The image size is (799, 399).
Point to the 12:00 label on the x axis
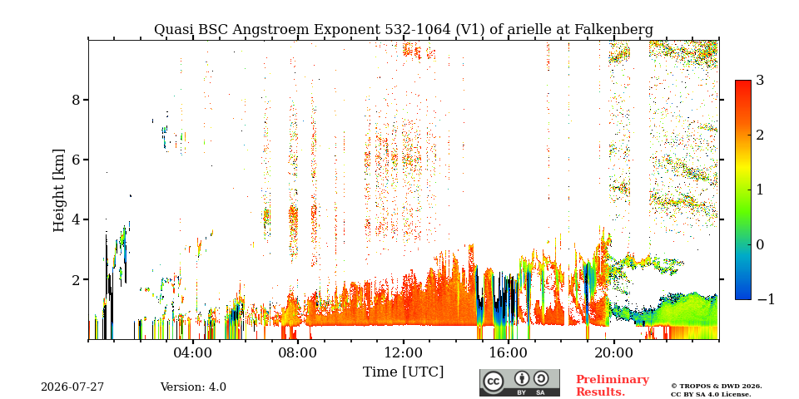click(404, 352)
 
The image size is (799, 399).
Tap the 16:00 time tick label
click(509, 352)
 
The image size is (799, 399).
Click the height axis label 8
click(76, 100)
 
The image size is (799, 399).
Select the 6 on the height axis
click(76, 160)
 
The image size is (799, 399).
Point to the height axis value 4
click(76, 219)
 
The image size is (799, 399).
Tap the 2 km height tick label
click(76, 280)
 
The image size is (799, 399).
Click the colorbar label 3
click(761, 81)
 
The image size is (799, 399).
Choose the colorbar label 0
click(761, 244)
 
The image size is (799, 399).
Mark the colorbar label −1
click(766, 299)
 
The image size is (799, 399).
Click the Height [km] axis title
click(59, 190)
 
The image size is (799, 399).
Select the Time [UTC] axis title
click(403, 372)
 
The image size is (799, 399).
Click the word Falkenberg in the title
click(614, 30)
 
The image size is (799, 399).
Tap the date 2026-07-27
click(72, 387)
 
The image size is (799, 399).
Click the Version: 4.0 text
click(193, 387)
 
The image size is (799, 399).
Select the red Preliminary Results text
click(613, 385)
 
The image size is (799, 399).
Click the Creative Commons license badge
click(519, 382)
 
